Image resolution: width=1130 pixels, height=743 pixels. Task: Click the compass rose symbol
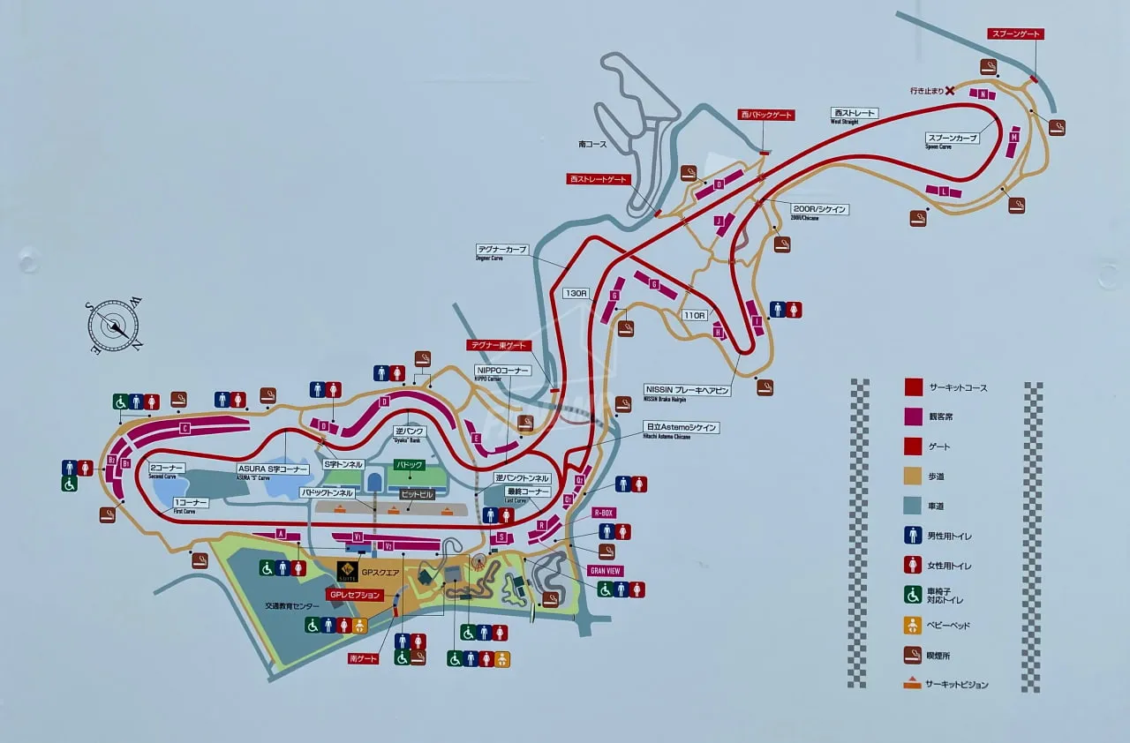point(114,326)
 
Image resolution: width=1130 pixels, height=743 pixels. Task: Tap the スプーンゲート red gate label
point(1015,34)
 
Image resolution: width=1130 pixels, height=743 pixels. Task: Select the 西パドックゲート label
point(766,115)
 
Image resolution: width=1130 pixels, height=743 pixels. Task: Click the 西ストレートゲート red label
point(598,179)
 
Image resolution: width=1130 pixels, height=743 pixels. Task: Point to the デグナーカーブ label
point(502,251)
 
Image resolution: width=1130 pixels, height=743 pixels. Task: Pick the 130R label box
point(576,293)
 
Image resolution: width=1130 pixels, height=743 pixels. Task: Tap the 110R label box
point(695,315)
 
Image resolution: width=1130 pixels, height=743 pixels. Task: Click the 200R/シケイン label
point(820,210)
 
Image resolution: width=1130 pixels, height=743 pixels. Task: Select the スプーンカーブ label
point(952,139)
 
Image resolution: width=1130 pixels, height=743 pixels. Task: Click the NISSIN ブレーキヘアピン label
point(687,390)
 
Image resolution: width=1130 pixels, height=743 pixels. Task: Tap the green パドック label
point(410,465)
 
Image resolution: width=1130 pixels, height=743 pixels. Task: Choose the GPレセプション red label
point(355,595)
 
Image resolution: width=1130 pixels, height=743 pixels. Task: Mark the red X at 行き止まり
point(950,90)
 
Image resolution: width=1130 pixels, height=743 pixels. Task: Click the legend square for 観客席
point(913,417)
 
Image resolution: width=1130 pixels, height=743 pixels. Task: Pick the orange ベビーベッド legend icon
point(913,626)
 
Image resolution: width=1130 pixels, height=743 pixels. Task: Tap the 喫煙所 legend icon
point(913,656)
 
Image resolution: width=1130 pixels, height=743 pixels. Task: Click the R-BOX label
point(603,513)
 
